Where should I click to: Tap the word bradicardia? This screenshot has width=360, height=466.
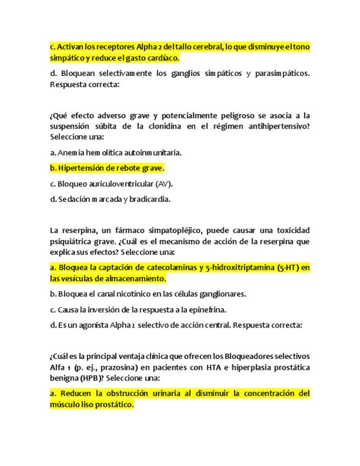(x=150, y=199)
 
